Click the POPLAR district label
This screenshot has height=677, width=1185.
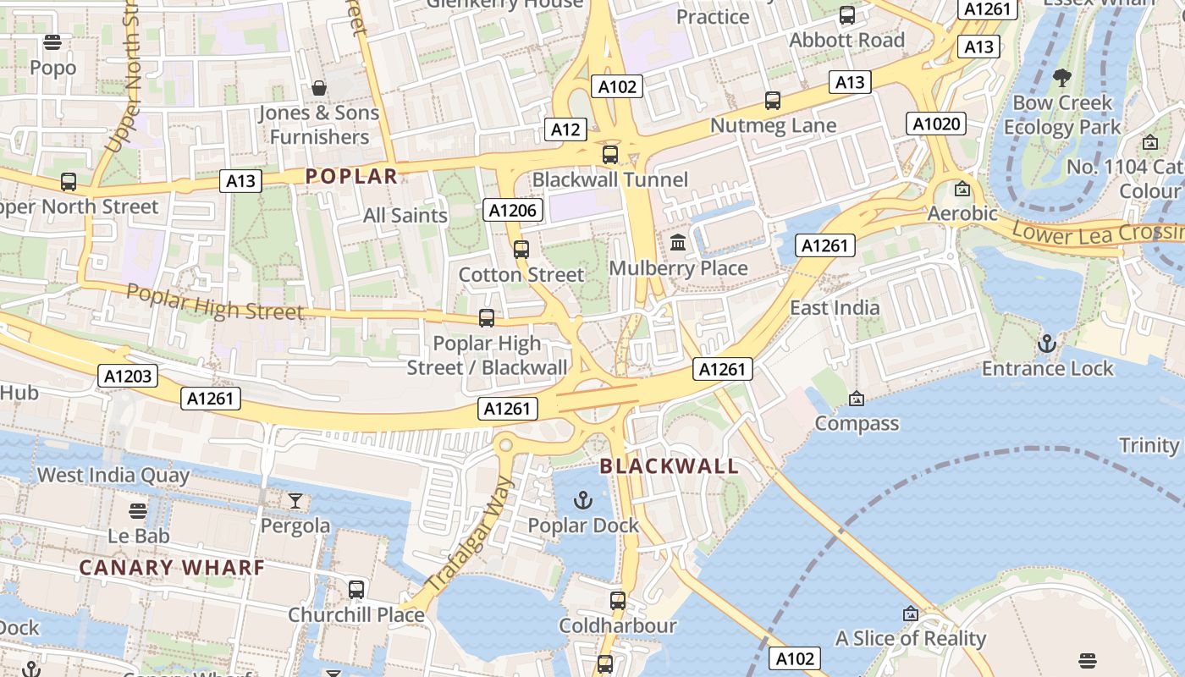point(351,176)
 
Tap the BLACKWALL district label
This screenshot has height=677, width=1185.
point(670,466)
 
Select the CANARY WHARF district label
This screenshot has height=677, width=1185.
point(172,568)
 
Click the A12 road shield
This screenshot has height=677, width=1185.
point(565,129)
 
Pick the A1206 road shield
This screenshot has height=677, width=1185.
point(512,210)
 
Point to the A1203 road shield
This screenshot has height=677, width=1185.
point(128,376)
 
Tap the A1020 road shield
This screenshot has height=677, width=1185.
point(937,124)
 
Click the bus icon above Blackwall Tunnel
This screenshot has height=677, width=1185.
point(610,155)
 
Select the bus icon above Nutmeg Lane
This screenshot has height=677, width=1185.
point(773,101)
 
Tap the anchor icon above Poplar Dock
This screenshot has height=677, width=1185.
point(582,500)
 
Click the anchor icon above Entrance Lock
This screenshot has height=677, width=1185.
point(1047,344)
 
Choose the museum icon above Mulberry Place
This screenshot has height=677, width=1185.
point(678,244)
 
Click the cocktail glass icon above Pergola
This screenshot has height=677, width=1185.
point(295,501)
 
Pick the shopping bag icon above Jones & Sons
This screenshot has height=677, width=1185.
point(319,88)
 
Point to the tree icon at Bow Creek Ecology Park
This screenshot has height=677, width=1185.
point(1062,78)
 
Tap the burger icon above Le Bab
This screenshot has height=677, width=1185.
point(138,511)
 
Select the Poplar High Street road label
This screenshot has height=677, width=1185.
point(214,302)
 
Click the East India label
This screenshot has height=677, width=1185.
point(835,308)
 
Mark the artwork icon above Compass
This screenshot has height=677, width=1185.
point(857,399)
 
